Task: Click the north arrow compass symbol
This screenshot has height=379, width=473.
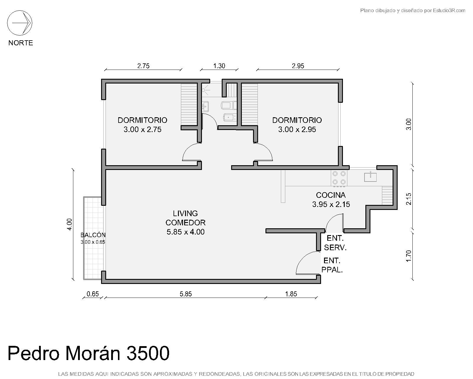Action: [20, 23]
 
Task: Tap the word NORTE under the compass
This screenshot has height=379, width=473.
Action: [21, 43]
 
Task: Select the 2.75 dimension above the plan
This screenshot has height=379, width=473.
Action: [143, 66]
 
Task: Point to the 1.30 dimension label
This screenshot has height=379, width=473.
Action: [219, 66]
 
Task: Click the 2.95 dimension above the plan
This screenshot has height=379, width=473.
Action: [298, 66]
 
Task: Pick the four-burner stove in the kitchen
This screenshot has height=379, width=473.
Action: [339, 178]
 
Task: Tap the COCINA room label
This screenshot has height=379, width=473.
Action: [331, 195]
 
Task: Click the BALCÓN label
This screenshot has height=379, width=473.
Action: [93, 235]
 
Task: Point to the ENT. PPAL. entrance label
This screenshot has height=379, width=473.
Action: [332, 265]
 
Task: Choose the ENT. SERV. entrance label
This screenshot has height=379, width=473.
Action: [335, 243]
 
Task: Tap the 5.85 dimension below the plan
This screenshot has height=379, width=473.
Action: [186, 294]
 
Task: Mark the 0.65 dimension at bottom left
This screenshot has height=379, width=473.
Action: [93, 294]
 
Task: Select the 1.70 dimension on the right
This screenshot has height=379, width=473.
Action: [408, 256]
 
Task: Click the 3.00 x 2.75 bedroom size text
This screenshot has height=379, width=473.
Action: [142, 129]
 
